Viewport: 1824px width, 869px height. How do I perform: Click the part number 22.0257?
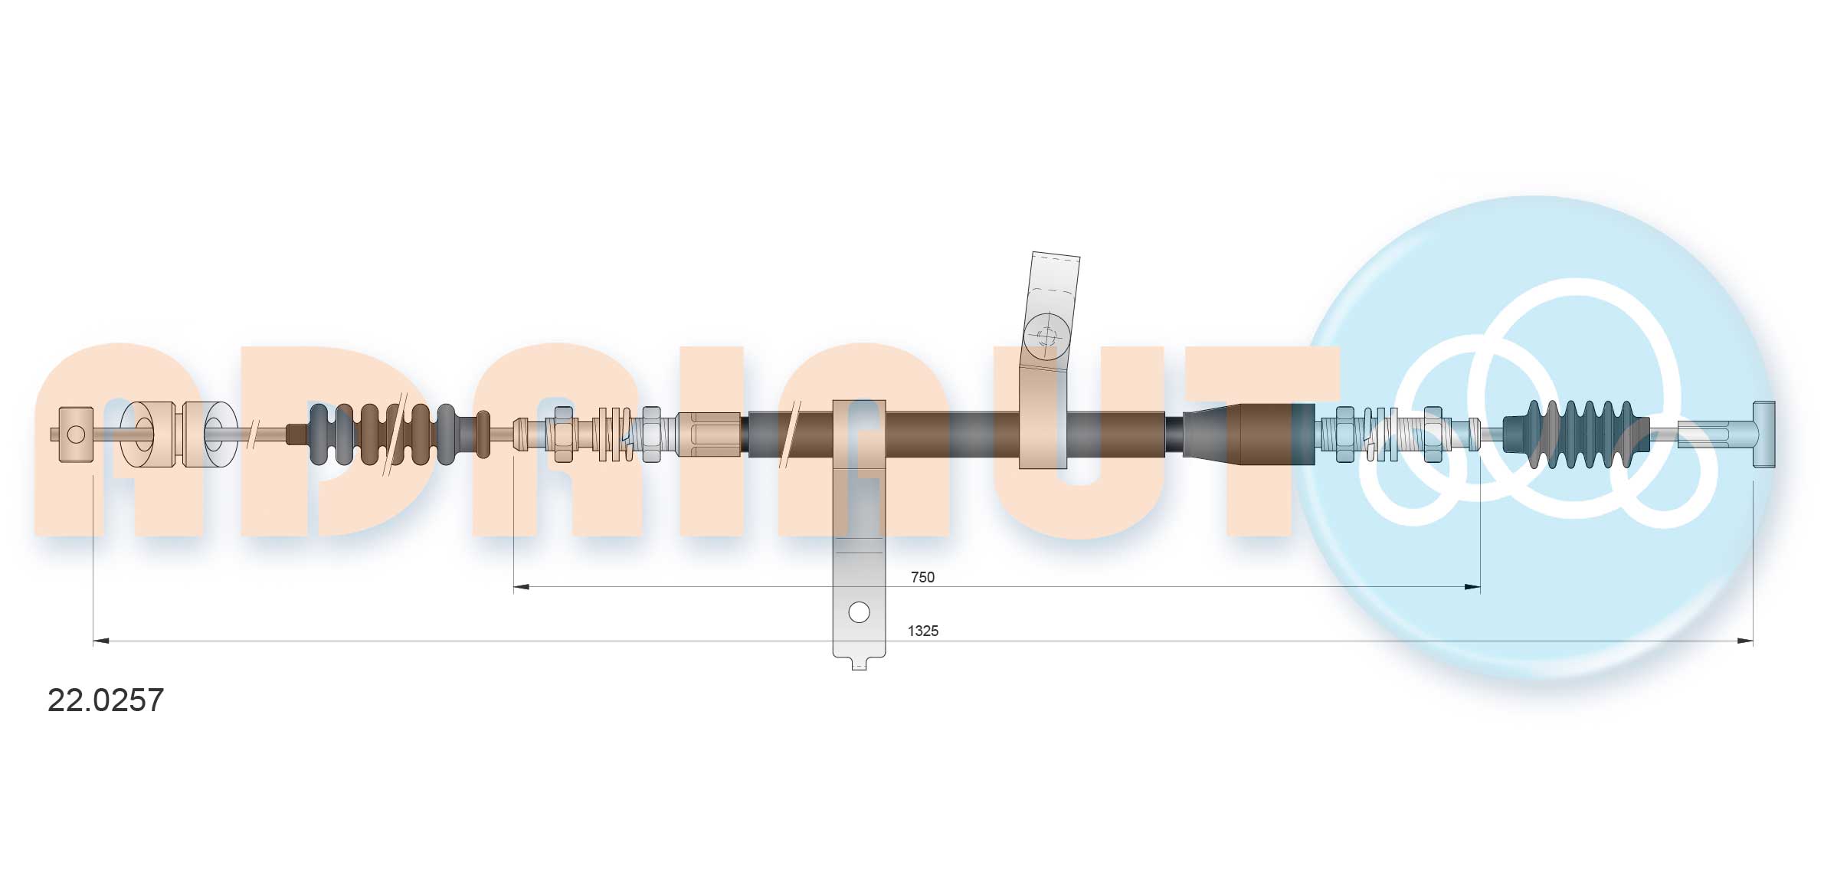click(x=106, y=700)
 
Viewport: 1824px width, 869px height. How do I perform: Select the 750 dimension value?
click(x=922, y=577)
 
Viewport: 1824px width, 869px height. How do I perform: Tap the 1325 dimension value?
click(x=922, y=631)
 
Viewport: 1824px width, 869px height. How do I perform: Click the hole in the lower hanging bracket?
click(x=860, y=612)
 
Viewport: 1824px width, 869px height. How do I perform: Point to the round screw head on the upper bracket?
click(x=1046, y=335)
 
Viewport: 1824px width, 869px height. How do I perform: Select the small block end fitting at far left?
click(x=75, y=434)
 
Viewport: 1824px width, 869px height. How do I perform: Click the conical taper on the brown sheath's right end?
click(x=1210, y=434)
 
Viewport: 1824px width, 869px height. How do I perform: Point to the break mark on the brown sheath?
click(x=789, y=434)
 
